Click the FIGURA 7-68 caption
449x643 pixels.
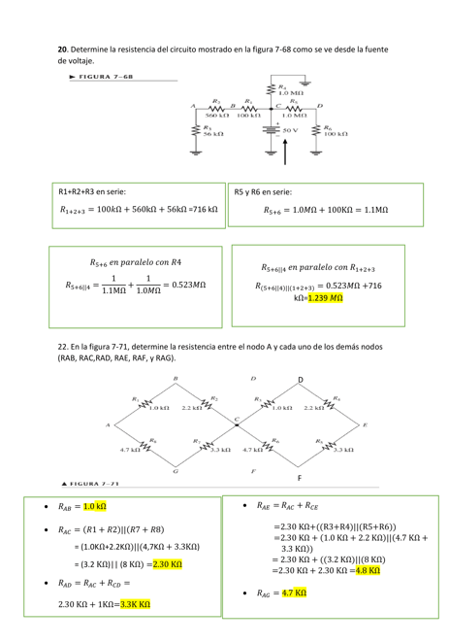(x=102, y=76)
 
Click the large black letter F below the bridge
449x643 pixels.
(x=300, y=479)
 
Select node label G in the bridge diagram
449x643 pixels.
(x=175, y=470)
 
